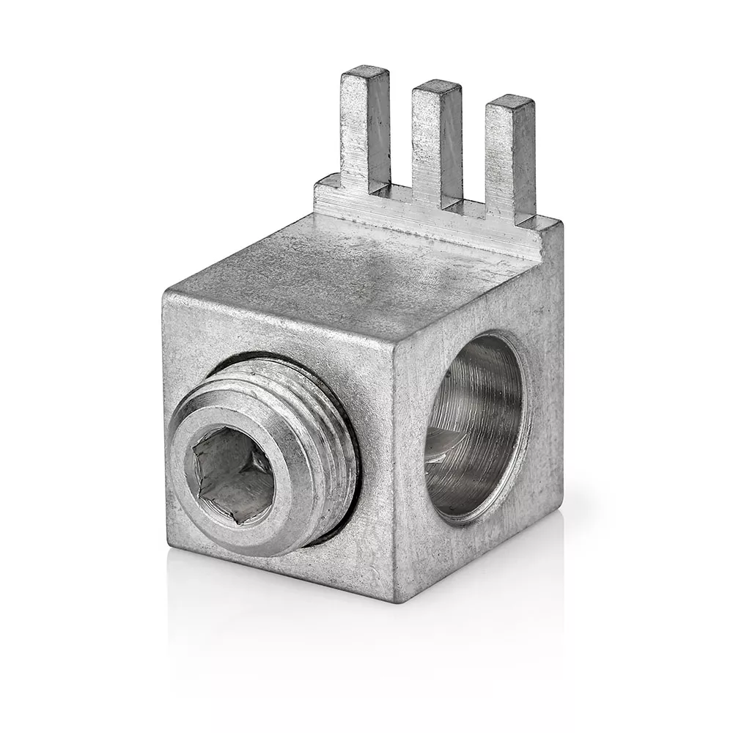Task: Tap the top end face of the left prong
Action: [x=366, y=71]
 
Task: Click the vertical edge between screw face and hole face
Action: [x=394, y=469]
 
